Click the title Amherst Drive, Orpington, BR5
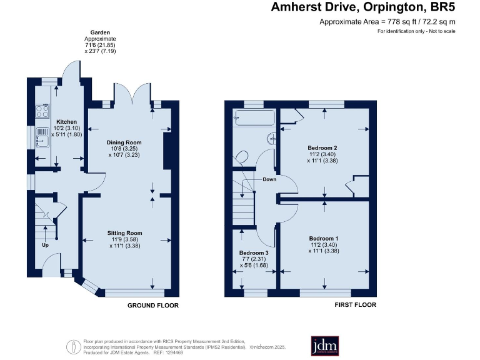(363, 8)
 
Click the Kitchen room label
(67, 121)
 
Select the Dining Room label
(128, 142)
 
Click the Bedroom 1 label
(324, 238)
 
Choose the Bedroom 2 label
(324, 147)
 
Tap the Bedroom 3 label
(254, 253)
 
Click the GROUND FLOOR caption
(153, 306)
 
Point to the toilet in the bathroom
(242, 157)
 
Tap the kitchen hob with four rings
(43, 111)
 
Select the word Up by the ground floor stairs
(44, 245)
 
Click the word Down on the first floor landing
(269, 179)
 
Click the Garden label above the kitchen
(100, 32)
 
